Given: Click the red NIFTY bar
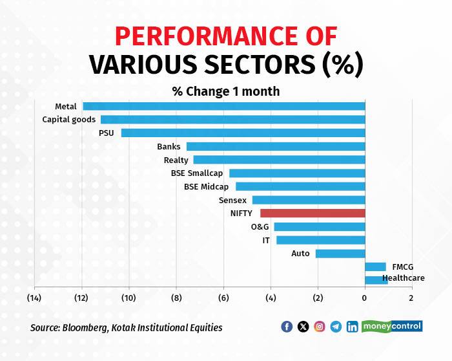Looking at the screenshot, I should tap(313, 213).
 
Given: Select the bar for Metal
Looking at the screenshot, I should tap(223, 106).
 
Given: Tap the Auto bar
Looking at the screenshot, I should tap(340, 254).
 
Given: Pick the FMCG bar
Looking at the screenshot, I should tap(375, 267).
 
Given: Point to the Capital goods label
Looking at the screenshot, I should tap(69, 119).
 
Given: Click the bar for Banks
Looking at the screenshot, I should tap(276, 146).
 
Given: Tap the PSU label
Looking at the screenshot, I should tap(107, 133).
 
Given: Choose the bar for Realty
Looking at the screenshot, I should tap(279, 160).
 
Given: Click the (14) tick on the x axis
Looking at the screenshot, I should tap(34, 298).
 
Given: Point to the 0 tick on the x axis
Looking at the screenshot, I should tap(364, 298).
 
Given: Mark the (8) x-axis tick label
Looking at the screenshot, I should tap(176, 298).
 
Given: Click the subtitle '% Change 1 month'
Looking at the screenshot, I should tap(226, 91).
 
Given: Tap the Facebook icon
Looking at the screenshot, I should tap(287, 327).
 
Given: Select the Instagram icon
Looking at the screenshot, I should tap(320, 327).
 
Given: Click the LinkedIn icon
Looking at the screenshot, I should tap(353, 327).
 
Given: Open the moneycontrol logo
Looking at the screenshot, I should tap(392, 326).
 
